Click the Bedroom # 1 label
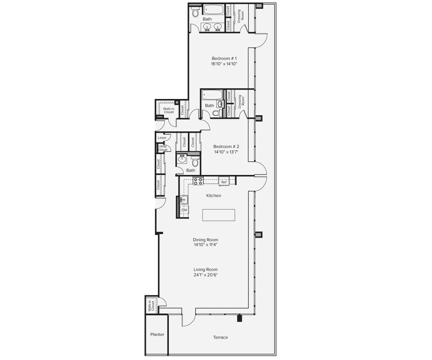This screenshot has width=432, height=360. click(224, 58)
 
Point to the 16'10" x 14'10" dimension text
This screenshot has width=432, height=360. click(224, 64)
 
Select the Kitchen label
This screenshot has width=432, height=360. click(214, 195)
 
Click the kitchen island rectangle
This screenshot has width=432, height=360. click(219, 215)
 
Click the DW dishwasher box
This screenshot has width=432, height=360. click(184, 210)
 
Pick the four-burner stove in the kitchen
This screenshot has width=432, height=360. click(198, 181)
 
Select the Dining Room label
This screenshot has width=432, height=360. click(206, 240)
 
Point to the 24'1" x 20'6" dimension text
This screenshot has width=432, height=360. click(206, 275)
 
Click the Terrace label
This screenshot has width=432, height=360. click(220, 337)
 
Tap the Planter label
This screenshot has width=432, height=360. click(157, 334)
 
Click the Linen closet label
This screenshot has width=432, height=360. click(162, 138)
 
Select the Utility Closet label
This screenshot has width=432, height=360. click(162, 148)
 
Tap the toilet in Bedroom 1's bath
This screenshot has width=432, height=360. click(195, 13)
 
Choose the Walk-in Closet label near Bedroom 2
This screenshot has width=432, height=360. click(168, 110)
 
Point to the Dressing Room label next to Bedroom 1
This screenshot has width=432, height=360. click(241, 15)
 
